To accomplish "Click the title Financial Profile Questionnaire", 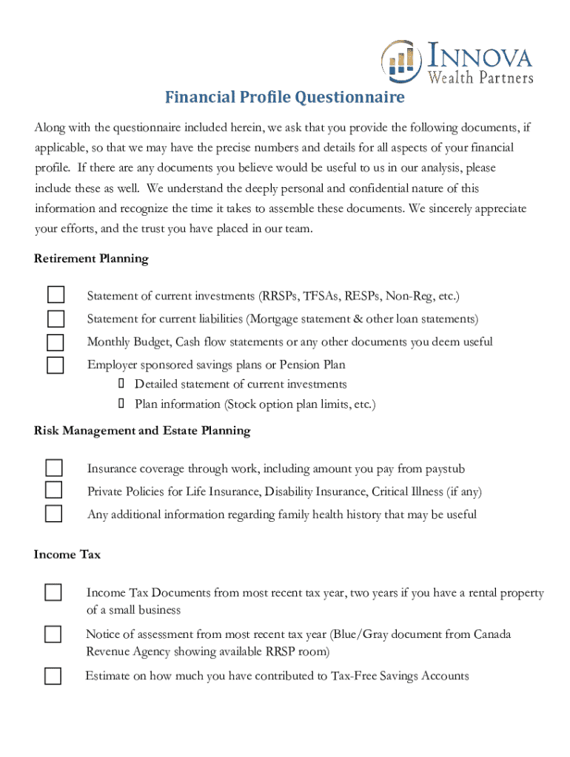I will (x=284, y=98).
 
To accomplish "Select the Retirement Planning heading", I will (x=91, y=259).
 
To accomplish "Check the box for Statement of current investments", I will (x=56, y=296).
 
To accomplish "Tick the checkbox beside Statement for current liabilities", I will (x=56, y=319).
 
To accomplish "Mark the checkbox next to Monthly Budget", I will (x=56, y=342).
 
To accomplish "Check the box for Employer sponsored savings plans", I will (x=56, y=364).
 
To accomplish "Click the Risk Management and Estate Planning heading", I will (x=142, y=430).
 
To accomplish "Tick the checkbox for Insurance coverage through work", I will (x=54, y=468).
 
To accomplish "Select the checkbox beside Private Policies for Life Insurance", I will (x=54, y=491).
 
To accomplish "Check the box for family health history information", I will (x=54, y=514).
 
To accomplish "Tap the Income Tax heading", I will (x=67, y=554).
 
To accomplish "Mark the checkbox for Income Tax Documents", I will (x=53, y=593).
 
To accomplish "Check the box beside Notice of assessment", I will (x=53, y=634).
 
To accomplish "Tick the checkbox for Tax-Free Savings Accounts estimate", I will (x=53, y=676).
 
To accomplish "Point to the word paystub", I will (x=444, y=469).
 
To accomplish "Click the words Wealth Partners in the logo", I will (x=480, y=76).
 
